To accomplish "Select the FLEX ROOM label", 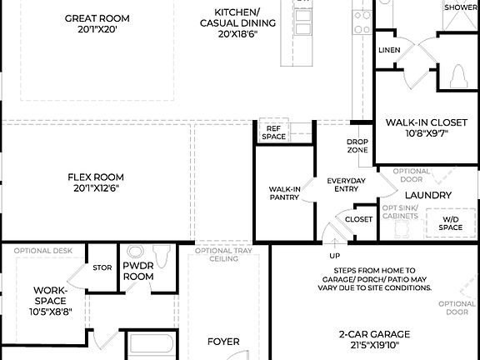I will pos(95,177).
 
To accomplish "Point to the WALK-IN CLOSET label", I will pos(426,122).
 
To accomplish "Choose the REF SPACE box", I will pos(273,132).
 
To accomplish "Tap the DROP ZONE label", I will pos(357,146).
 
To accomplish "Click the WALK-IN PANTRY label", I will pos(283,194).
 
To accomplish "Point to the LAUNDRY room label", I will pos(427,196).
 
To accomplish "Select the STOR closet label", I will pos(102,268).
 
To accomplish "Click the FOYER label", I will pos(222,342).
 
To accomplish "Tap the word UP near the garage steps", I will pos(335,255).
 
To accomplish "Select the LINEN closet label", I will pos(388,51).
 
